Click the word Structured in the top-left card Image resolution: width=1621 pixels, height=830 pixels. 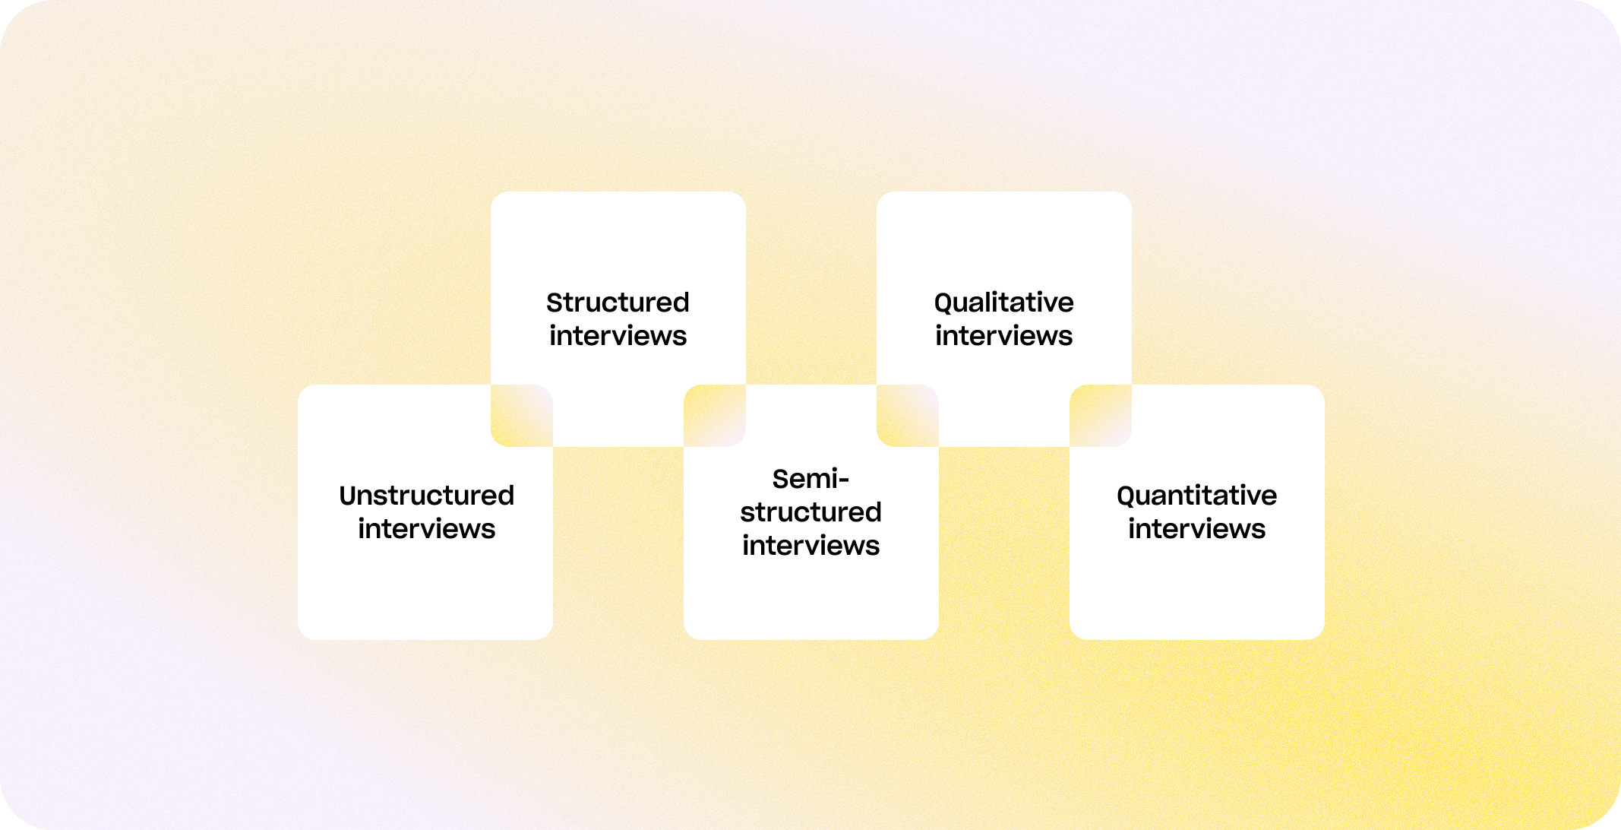click(x=618, y=303)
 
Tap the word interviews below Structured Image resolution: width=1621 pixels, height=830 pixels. click(x=618, y=336)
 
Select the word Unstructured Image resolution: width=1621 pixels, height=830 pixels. click(x=426, y=496)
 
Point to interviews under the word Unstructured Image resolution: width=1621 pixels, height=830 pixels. click(x=426, y=529)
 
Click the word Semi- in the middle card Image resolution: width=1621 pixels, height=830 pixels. click(x=810, y=479)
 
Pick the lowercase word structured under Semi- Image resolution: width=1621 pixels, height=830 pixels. click(x=810, y=512)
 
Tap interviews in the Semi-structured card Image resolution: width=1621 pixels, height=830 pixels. click(x=810, y=546)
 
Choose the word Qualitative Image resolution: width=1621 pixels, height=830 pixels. click(x=1003, y=303)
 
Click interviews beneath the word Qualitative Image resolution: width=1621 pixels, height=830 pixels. click(x=1003, y=336)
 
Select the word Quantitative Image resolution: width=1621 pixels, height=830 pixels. click(x=1196, y=496)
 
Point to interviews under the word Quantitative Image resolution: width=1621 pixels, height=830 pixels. click(x=1196, y=529)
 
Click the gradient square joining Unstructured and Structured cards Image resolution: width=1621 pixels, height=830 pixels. click(x=522, y=416)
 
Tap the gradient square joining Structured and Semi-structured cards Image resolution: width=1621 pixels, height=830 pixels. click(x=715, y=416)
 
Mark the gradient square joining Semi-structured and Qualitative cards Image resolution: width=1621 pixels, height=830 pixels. click(x=908, y=416)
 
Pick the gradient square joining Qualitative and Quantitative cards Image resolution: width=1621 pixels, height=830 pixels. click(x=1101, y=416)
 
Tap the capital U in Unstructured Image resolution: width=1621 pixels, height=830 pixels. click(x=349, y=496)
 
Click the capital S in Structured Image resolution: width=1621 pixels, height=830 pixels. click(x=555, y=303)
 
